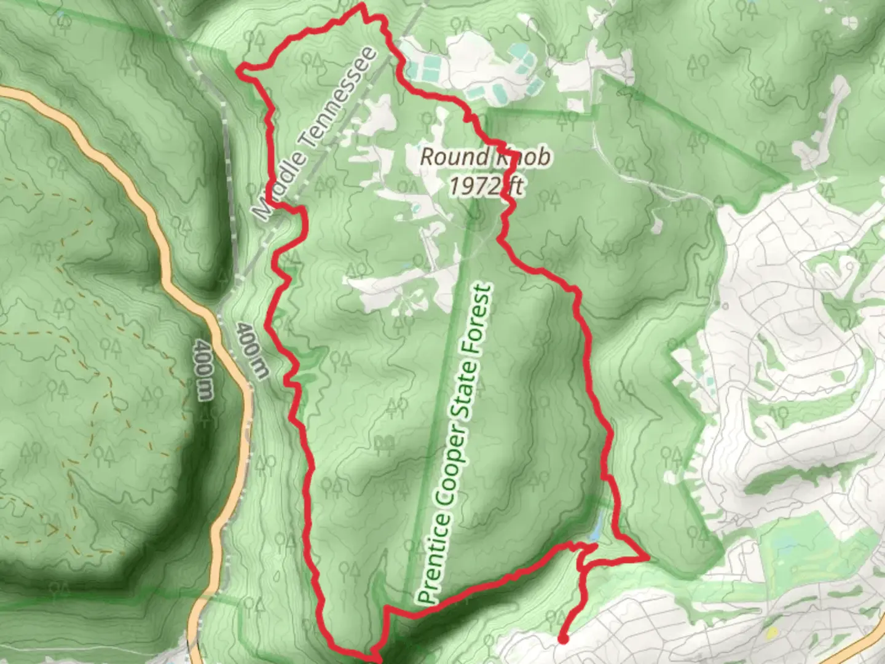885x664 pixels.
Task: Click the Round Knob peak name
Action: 485,157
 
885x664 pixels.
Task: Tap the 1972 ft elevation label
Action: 485,185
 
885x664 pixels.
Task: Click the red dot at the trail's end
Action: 562,639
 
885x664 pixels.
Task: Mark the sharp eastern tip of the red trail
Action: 647,558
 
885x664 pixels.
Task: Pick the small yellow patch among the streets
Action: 772,633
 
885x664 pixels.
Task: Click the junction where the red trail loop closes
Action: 580,547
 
